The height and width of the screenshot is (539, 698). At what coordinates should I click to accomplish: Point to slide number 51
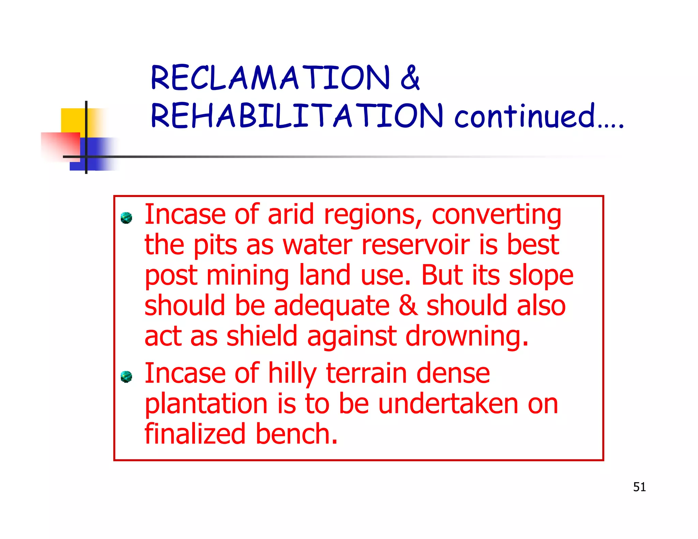tap(639, 487)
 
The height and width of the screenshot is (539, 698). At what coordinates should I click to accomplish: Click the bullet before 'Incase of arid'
tap(126, 218)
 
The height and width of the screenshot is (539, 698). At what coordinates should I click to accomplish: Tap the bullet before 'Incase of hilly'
tap(126, 376)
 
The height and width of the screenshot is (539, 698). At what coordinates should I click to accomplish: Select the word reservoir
tap(415, 245)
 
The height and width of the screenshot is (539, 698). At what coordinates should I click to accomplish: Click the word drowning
tap(467, 336)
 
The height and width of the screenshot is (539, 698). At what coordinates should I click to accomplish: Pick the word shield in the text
tap(262, 336)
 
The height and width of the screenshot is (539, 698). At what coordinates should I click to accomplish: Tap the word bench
tap(297, 434)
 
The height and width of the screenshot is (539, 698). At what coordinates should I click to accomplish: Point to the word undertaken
tap(448, 404)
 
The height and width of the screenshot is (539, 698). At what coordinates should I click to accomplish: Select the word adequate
tap(332, 306)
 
